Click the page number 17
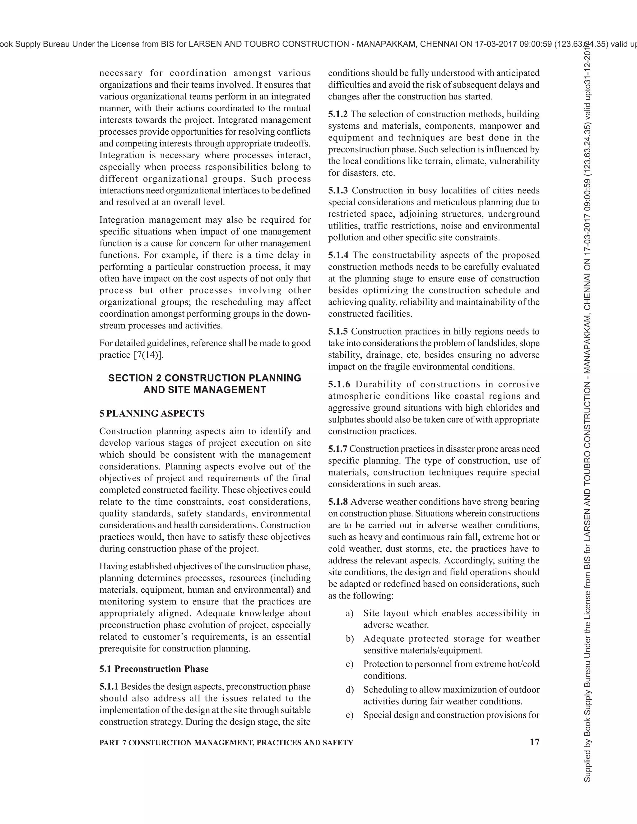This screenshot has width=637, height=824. pyautogui.click(x=534, y=742)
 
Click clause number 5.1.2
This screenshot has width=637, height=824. pyautogui.click(x=338, y=114)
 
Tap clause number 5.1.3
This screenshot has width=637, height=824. pyautogui.click(x=338, y=191)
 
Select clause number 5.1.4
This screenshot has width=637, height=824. pyautogui.click(x=338, y=255)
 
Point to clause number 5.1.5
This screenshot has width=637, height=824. pyautogui.click(x=338, y=331)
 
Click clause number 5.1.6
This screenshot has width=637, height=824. pyautogui.click(x=339, y=384)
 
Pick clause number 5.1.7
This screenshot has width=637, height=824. pyautogui.click(x=338, y=449)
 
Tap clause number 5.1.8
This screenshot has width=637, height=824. pyautogui.click(x=338, y=502)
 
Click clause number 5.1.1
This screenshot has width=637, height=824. pyautogui.click(x=109, y=686)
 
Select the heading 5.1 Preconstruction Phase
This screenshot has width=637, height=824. pyautogui.click(x=154, y=669)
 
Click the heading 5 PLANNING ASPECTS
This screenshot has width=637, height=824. pyautogui.click(x=152, y=414)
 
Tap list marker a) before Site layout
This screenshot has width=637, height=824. pyautogui.click(x=349, y=613)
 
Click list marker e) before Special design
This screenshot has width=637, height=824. pyautogui.click(x=349, y=715)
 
